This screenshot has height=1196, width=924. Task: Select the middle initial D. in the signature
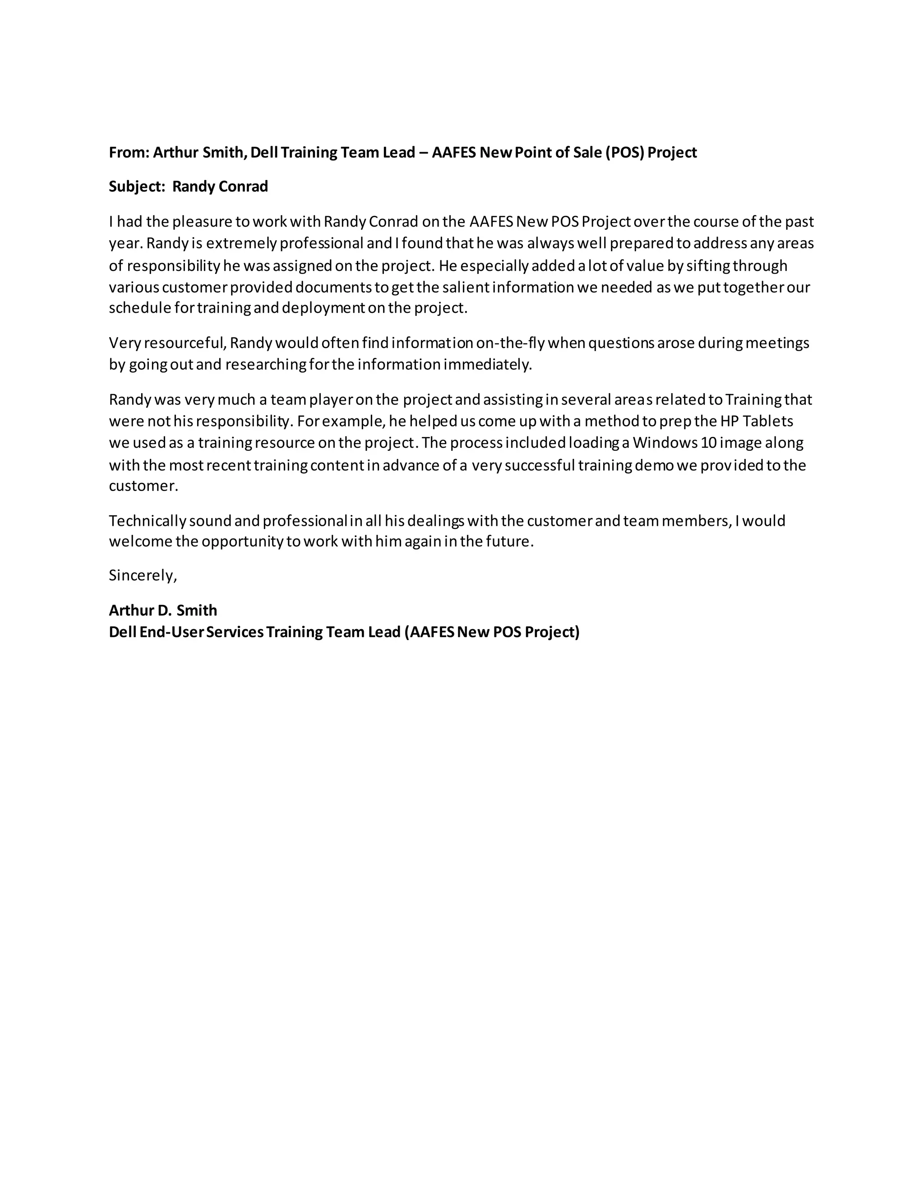click(x=163, y=611)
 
